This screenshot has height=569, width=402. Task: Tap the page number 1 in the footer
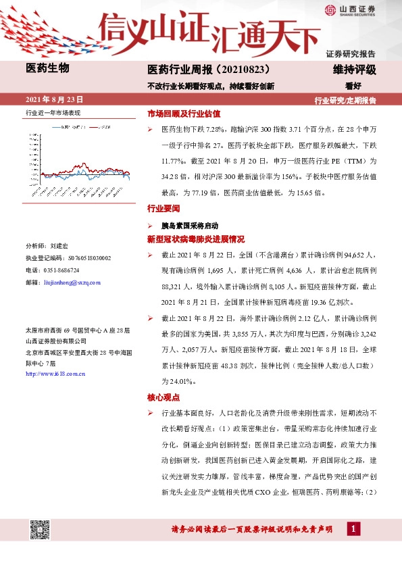click(352, 528)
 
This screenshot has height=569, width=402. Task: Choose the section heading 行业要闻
click(164, 210)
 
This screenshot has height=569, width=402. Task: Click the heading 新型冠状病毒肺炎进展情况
click(196, 239)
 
